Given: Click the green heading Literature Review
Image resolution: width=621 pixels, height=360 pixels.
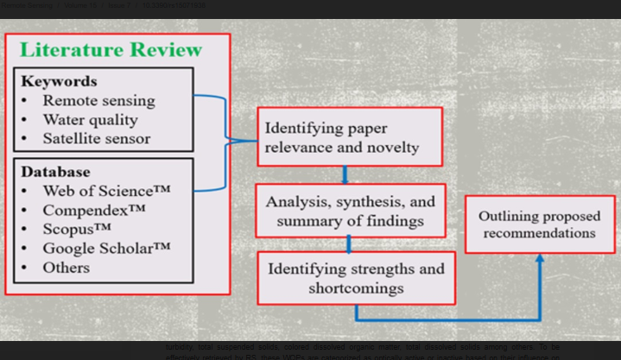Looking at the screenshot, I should coord(111,49).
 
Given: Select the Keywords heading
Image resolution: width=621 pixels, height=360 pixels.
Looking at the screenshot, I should coord(59,81).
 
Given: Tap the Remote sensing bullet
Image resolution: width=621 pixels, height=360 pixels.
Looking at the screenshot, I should coord(98,100).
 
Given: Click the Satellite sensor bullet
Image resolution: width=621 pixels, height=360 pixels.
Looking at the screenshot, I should coord(96,138).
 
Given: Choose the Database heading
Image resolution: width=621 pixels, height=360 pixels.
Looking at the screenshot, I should coord(55,172).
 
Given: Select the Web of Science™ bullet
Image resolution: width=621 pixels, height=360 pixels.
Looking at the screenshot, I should coord(106,191).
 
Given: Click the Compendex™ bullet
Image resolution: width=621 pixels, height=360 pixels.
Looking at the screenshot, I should coord(93,210).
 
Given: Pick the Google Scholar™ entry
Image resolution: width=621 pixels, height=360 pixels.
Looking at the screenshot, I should coord(106,248).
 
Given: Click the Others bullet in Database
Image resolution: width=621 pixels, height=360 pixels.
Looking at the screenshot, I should coord(66,267).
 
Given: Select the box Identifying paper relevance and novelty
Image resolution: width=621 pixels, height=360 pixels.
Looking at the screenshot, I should coord(350,137).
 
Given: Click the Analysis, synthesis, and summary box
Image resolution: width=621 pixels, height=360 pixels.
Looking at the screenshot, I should coord(350,211).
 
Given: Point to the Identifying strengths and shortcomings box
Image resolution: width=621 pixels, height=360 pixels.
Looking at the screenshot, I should coord(357,277).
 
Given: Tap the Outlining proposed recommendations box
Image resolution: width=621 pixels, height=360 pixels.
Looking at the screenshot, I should coord(539,224).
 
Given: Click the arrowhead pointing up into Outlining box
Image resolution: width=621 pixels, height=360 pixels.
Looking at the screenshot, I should coord(540,259).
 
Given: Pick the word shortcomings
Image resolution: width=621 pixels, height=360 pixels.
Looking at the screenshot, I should coord(345,287).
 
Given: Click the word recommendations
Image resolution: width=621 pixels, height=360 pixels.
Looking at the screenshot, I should coord(539,233).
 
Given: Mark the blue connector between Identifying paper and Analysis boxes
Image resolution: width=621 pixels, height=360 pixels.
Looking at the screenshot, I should coord(345,175).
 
